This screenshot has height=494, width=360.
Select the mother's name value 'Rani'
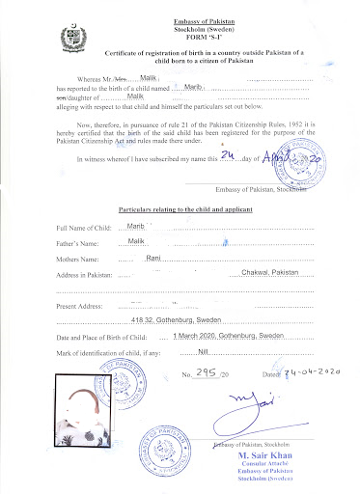point(152,259)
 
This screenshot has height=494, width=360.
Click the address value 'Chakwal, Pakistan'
point(269,274)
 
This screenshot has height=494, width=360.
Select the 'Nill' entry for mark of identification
point(203,351)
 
